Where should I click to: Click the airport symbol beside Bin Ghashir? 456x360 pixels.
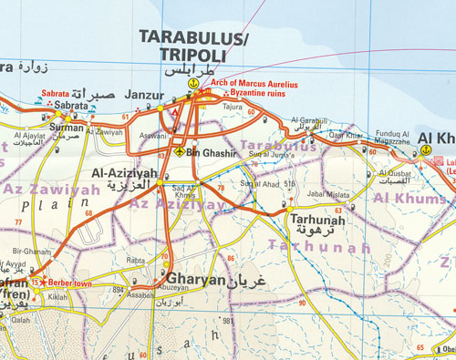180,151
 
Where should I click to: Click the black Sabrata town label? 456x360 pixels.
71,106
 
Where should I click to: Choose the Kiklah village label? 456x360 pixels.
57,297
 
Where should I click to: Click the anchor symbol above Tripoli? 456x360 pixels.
192,84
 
